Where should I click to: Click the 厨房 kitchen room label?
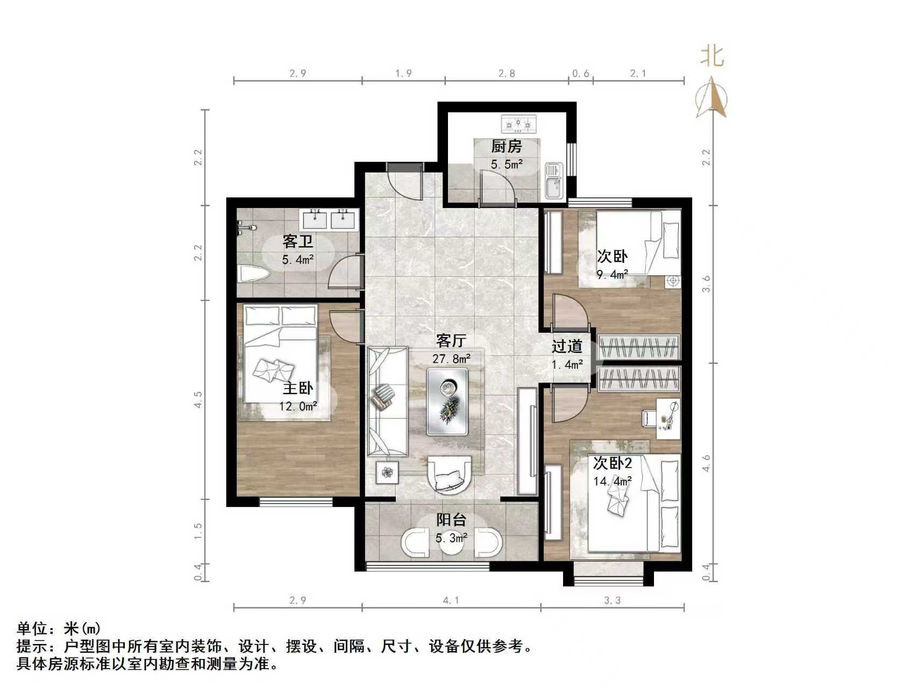[x=506, y=146]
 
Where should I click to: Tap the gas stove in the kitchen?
[x=519, y=124]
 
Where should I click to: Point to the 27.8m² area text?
[x=451, y=359]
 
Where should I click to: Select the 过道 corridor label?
[x=567, y=347]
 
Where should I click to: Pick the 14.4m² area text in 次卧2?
[x=613, y=481]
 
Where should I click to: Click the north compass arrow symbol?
[x=711, y=97]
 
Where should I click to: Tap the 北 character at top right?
[x=712, y=55]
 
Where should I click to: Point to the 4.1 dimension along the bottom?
[x=451, y=600]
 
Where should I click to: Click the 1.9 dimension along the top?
[x=403, y=73]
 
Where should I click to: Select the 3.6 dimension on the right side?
[x=707, y=284]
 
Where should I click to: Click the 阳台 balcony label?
[x=451, y=520]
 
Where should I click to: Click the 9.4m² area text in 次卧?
[x=613, y=275]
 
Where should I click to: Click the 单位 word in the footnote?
[x=32, y=628]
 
